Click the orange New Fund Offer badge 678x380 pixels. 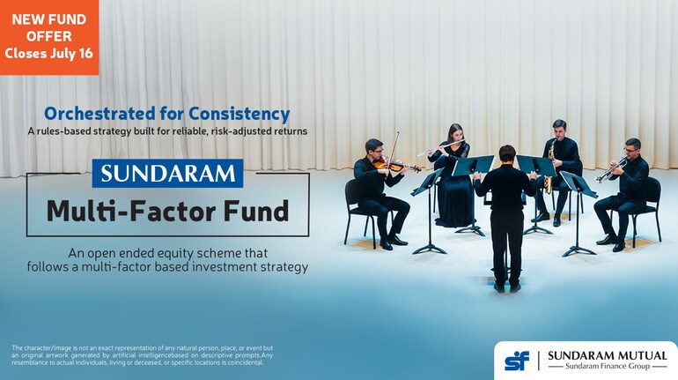49,37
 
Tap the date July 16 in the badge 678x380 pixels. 71,53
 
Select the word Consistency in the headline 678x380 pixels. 240,114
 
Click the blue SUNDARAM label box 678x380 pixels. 168,173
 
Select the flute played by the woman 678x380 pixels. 440,148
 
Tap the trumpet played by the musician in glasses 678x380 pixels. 611,170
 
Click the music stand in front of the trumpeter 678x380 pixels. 579,213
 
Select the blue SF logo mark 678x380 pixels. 517,361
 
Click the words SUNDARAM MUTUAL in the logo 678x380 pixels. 608,356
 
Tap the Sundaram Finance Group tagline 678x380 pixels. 608,367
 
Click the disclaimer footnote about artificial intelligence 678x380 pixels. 143,355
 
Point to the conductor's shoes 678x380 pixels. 507,287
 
